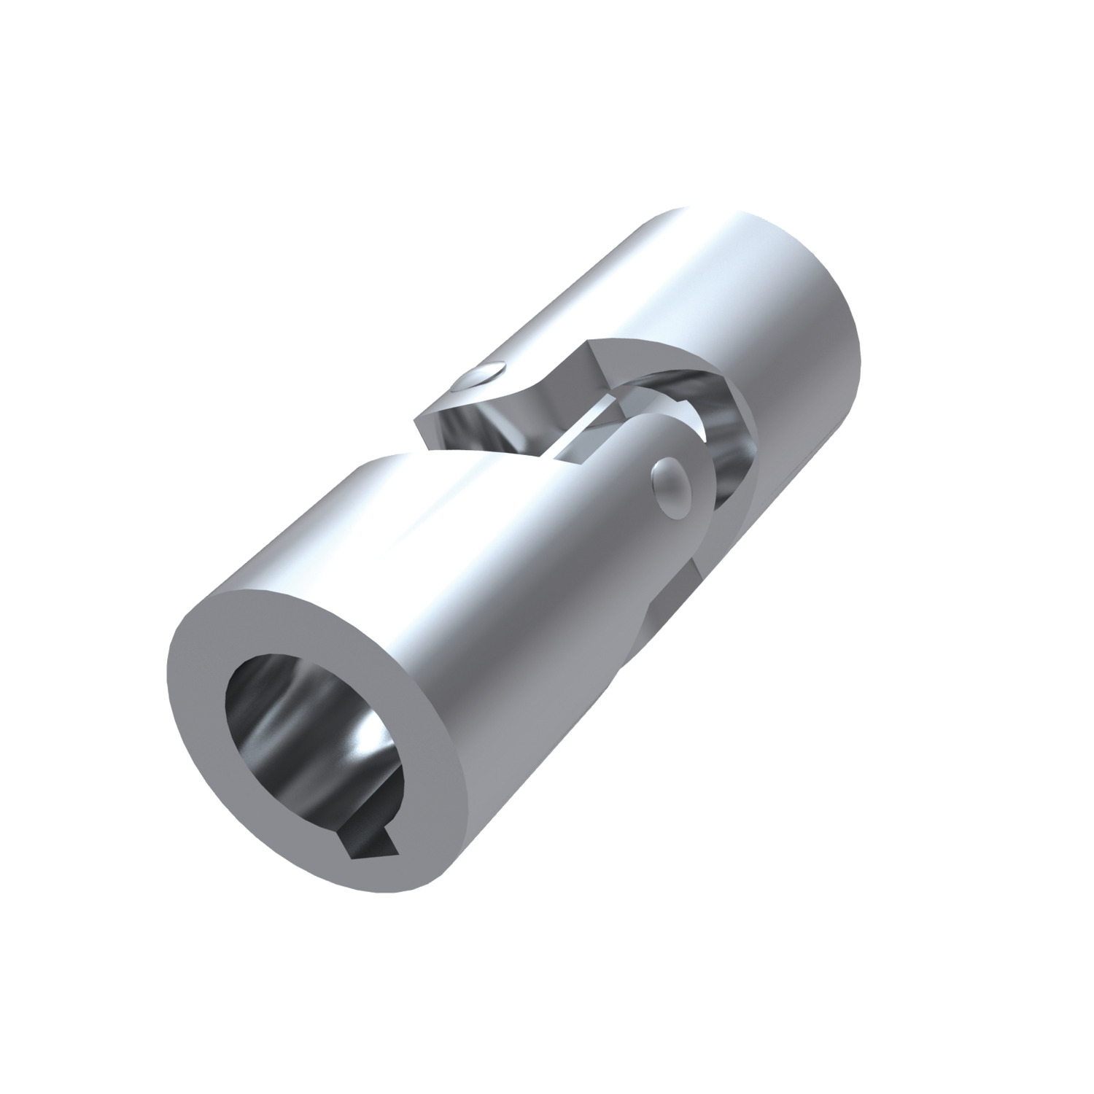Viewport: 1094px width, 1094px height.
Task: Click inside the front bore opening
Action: pos(314,737)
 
